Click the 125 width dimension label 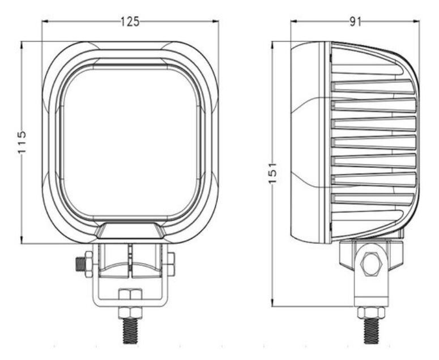(130, 22)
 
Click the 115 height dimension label (22, 142)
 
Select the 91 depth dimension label (356, 22)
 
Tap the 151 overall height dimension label (272, 173)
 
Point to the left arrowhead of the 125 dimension (45, 22)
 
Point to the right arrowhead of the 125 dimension (215, 22)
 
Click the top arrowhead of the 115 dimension (22, 45)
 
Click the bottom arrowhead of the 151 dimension (272, 303)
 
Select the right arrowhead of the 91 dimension (416, 22)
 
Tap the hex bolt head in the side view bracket (372, 264)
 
